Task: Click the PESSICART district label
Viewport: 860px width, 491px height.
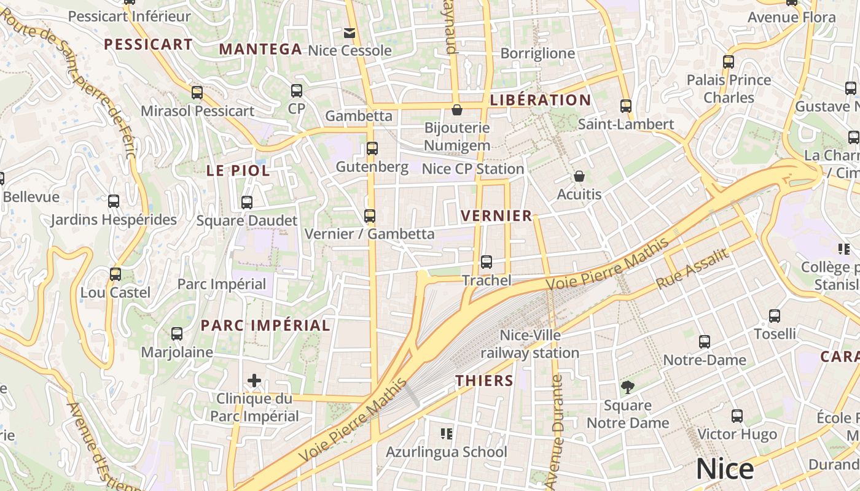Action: pyautogui.click(x=148, y=44)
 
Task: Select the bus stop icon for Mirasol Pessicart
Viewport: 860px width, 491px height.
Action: pyautogui.click(x=197, y=93)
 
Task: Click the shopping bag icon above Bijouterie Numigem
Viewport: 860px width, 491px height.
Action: pyautogui.click(x=457, y=110)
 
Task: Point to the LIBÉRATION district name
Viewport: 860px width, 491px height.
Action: pyautogui.click(x=541, y=100)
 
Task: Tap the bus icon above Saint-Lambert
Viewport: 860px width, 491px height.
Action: pyautogui.click(x=626, y=106)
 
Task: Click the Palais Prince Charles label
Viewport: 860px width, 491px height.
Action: pyautogui.click(x=729, y=89)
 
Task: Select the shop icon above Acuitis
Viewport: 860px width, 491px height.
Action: pyautogui.click(x=579, y=176)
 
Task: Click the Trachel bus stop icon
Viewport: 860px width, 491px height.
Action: pyautogui.click(x=487, y=262)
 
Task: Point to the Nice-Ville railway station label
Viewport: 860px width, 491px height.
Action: pyautogui.click(x=530, y=344)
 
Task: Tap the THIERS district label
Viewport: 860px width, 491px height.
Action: pyautogui.click(x=484, y=381)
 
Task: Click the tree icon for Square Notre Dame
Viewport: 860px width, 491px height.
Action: pyautogui.click(x=627, y=387)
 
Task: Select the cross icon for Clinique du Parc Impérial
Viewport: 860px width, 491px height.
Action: pyautogui.click(x=254, y=381)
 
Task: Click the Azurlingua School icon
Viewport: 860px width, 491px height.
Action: pyautogui.click(x=447, y=434)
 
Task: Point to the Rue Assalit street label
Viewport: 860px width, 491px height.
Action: pyautogui.click(x=692, y=269)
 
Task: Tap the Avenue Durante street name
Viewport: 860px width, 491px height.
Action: pyautogui.click(x=557, y=430)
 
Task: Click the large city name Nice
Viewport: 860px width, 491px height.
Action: pyautogui.click(x=724, y=470)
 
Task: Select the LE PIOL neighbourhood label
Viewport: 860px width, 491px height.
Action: pyautogui.click(x=238, y=171)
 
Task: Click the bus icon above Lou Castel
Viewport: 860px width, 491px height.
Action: pyautogui.click(x=115, y=274)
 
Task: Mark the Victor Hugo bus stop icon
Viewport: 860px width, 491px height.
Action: pyautogui.click(x=737, y=416)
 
